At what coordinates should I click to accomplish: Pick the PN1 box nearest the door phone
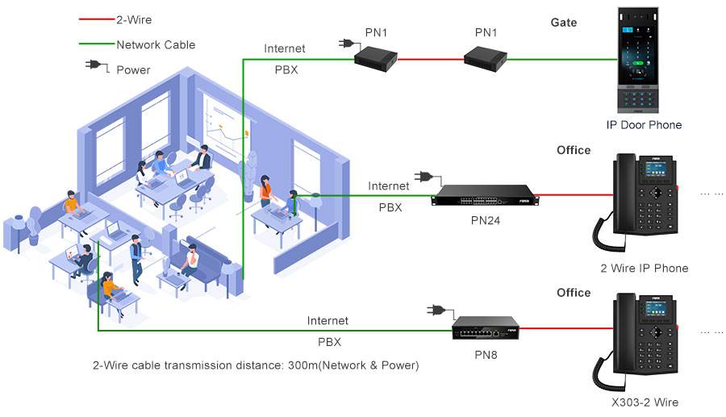[x=486, y=56]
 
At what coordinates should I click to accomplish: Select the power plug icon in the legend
[x=95, y=69]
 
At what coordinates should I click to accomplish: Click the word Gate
[x=564, y=23]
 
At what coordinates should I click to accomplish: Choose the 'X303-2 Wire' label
[x=644, y=402]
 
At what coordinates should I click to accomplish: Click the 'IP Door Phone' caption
[x=644, y=125]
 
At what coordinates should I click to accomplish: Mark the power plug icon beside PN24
[x=423, y=177]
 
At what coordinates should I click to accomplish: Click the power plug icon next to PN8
[x=436, y=309]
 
